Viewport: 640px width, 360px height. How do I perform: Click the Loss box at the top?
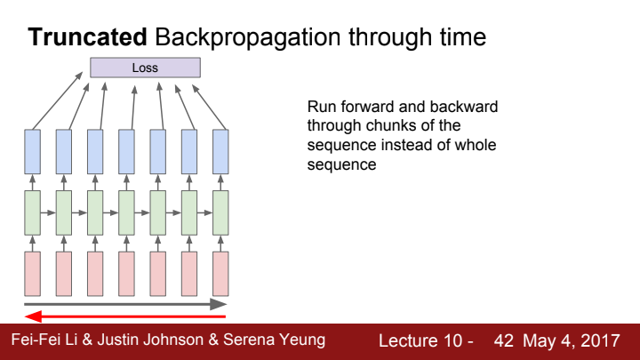coord(145,68)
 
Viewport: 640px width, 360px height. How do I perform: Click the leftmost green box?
coord(33,212)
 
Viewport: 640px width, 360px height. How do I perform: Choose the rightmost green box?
coord(220,212)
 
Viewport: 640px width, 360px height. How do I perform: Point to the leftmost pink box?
coord(33,274)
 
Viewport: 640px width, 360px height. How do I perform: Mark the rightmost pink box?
coord(220,274)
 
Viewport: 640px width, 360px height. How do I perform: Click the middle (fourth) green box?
coord(126,212)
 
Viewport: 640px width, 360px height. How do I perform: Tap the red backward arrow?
coord(125,316)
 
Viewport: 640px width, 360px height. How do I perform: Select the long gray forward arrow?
coord(125,304)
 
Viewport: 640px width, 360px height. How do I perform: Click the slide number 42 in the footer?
coord(504,341)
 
